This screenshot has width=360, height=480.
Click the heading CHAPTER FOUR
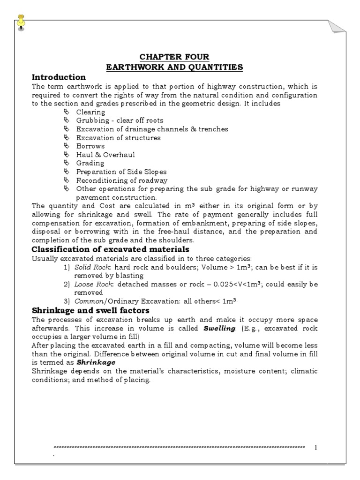[x=174, y=57]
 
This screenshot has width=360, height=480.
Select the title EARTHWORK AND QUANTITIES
[x=174, y=67]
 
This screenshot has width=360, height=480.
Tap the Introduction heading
[x=59, y=77]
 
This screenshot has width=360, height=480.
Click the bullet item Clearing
[x=90, y=112]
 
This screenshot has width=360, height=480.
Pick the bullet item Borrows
[x=90, y=146]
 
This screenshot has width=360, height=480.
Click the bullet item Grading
[x=90, y=163]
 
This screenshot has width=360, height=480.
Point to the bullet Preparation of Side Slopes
[x=121, y=172]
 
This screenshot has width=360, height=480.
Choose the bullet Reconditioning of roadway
[x=121, y=180]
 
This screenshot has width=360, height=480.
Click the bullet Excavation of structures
[x=118, y=138]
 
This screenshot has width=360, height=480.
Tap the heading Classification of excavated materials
[x=110, y=249]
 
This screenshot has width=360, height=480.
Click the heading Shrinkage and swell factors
[x=90, y=310]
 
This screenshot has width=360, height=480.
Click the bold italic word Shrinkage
[x=96, y=362]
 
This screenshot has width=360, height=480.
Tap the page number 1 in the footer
[x=316, y=448]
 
